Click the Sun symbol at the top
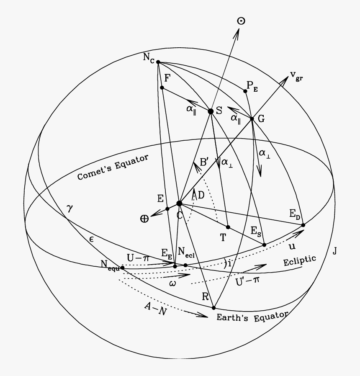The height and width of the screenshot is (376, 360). point(241,21)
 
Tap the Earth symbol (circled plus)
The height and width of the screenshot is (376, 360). point(144,219)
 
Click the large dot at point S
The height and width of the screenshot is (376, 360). point(211,111)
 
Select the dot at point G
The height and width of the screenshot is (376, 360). point(252,118)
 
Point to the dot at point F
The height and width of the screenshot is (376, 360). point(162,88)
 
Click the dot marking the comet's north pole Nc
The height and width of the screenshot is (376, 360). point(158,62)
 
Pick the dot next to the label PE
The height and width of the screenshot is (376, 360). point(245,91)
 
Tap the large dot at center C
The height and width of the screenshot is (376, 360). point(179,203)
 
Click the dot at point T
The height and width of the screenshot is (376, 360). point(228,227)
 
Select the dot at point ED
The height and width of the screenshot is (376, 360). point(303,225)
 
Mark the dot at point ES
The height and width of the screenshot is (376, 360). point(264,245)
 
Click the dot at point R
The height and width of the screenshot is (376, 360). point(213,308)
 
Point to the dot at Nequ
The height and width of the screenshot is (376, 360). point(122,268)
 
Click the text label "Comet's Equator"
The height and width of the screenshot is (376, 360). point(113,167)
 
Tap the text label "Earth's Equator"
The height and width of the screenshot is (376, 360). point(252,317)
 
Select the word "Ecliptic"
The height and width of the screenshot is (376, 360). point(300,261)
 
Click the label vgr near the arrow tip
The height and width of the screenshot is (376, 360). point(296,76)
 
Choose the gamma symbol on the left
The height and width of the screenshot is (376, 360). point(70,209)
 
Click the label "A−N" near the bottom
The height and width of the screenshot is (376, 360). point(155,309)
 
